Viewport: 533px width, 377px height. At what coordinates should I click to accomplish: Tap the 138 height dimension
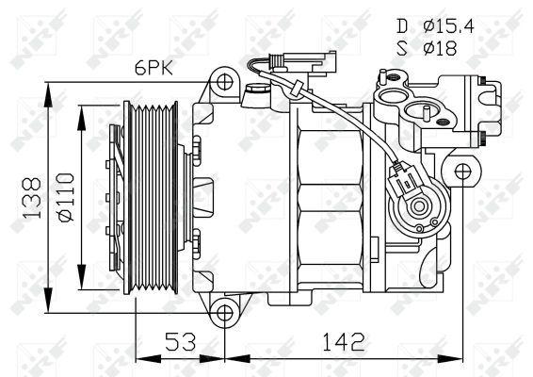[31, 201]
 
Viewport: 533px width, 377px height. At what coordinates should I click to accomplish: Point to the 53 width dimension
[180, 340]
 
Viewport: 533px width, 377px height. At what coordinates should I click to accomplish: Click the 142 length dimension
[346, 340]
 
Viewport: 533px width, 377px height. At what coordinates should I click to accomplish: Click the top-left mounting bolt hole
[222, 83]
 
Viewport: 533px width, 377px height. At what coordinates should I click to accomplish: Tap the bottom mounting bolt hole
[222, 314]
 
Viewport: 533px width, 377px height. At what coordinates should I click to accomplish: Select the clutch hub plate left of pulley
[115, 200]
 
